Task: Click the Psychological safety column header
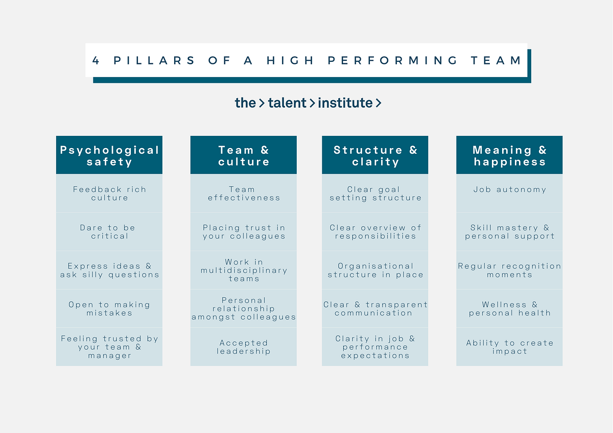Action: tap(109, 155)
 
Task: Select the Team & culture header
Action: tap(244, 155)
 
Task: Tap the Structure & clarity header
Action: tap(375, 155)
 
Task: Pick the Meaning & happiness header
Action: tap(509, 155)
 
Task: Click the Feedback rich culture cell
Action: tap(109, 194)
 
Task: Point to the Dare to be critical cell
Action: tap(109, 232)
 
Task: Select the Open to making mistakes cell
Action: tap(109, 308)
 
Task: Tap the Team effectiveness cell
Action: tap(244, 194)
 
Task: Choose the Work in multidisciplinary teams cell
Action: tap(244, 270)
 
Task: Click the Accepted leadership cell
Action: tap(244, 347)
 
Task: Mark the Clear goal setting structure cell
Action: tap(375, 194)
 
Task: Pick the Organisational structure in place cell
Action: tap(375, 270)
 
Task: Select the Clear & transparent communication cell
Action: tap(375, 308)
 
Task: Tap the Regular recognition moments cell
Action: tap(509, 270)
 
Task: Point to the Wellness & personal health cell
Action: tap(509, 308)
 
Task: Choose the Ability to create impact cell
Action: tap(509, 347)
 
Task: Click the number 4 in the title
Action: tap(96, 60)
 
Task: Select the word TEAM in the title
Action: tap(496, 60)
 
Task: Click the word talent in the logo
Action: tap(287, 103)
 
